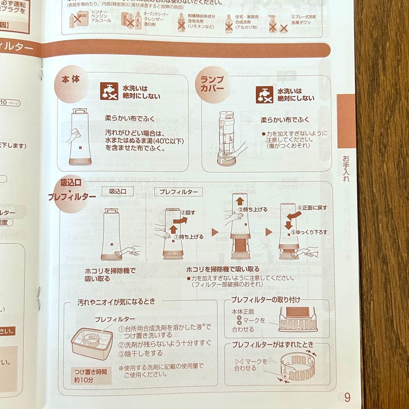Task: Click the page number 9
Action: click(x=347, y=398)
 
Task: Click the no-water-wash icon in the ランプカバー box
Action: click(x=264, y=94)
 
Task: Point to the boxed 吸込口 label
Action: click(x=118, y=192)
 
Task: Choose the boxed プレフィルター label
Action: click(x=179, y=192)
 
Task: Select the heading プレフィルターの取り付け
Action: click(x=266, y=300)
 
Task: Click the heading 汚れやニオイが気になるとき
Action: click(x=116, y=302)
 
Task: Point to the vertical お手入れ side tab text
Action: click(x=346, y=168)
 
